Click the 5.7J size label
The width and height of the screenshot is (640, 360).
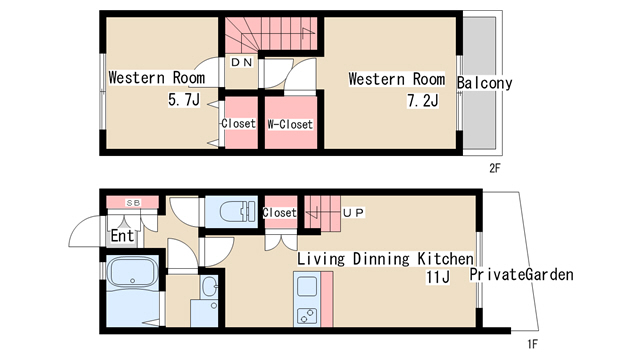point(184,99)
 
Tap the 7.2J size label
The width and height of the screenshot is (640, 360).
point(423,100)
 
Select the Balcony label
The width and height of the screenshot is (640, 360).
point(484,83)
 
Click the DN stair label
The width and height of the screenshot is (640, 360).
point(242,62)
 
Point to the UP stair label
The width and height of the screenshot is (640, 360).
point(353,213)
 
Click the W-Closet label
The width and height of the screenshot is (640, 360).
point(290,124)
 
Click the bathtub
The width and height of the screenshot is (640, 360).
point(132,271)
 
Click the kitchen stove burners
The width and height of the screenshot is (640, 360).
point(307,316)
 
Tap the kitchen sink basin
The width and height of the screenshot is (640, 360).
point(307,287)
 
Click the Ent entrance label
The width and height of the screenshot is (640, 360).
point(122,236)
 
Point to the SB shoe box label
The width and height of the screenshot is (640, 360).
point(133,202)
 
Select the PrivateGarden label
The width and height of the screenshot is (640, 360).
point(521,274)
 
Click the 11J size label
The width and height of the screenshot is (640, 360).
point(438,277)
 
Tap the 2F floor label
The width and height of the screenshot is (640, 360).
point(495,168)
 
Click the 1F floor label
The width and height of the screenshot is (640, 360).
point(532,344)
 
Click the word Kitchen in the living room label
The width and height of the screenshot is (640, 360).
point(445,259)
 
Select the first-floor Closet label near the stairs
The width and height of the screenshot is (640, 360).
point(279,213)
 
